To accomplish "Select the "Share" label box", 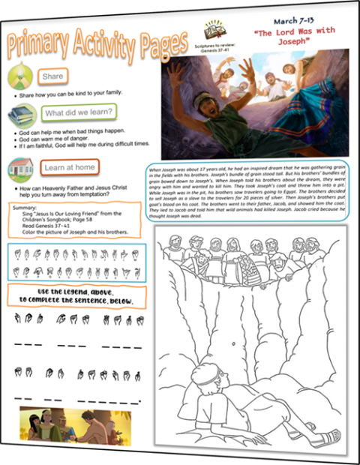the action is click(52, 76).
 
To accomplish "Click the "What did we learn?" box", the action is click(79, 113).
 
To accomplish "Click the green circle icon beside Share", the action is click(21, 77).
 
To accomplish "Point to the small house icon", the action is click(21, 169).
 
